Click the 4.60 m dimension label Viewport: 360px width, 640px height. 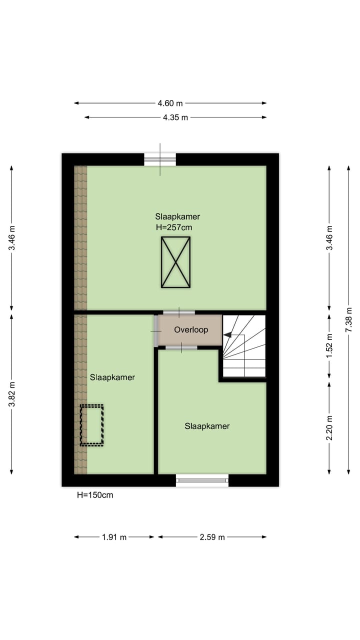[x=170, y=103]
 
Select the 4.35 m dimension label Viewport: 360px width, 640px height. [x=175, y=117]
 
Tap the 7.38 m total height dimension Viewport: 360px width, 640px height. [x=349, y=320]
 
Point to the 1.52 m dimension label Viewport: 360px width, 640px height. [x=329, y=346]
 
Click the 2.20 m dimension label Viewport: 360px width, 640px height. [x=329, y=428]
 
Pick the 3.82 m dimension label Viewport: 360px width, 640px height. [x=11, y=394]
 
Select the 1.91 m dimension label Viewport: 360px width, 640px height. [x=114, y=537]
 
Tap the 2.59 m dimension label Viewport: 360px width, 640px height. [x=212, y=537]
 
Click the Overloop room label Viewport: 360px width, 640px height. [x=191, y=330]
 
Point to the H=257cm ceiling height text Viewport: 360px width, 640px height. [x=174, y=227]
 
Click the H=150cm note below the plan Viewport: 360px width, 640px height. [x=94, y=495]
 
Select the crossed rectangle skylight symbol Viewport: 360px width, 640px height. [x=175, y=262]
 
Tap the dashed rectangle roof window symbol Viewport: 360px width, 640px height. [x=91, y=425]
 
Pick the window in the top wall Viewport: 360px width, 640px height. [x=160, y=159]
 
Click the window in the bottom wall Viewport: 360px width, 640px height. [x=202, y=480]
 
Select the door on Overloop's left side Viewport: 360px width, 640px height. [x=155, y=330]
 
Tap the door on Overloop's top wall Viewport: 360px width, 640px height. [x=178, y=312]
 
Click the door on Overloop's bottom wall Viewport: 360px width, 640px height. [x=181, y=347]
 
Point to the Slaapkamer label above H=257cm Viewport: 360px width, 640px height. [x=177, y=216]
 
